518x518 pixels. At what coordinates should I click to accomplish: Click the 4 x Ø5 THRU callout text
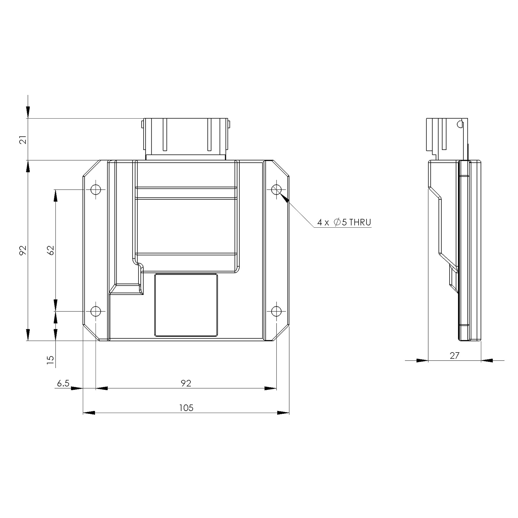[344, 222]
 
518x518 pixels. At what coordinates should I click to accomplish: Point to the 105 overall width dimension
[186, 408]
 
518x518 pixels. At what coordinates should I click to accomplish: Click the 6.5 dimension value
[63, 383]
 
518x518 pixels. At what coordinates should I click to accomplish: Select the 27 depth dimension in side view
[454, 356]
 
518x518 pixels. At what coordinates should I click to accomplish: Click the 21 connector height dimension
[24, 139]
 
